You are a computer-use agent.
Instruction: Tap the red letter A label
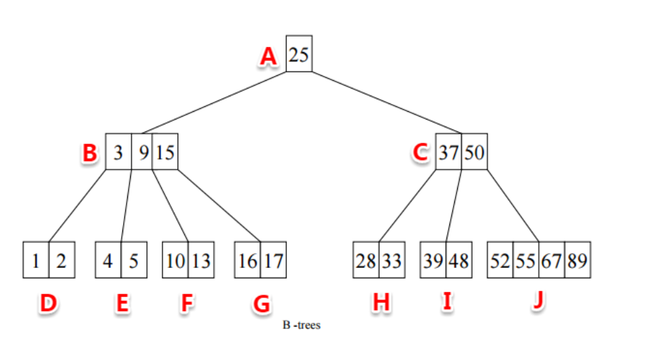click(267, 56)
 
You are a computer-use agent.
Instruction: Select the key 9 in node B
click(143, 152)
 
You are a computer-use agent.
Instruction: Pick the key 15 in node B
click(165, 152)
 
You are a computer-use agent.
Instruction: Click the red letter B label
click(89, 153)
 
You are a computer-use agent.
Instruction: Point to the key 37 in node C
click(448, 152)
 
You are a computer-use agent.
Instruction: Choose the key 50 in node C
click(474, 152)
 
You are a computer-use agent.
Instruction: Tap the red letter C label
click(421, 153)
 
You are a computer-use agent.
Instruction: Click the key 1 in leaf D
click(36, 262)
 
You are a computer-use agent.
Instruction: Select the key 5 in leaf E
click(134, 262)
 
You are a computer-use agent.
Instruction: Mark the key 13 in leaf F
click(200, 262)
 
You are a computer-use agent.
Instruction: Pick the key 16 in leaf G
click(247, 262)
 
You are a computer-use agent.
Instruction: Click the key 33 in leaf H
click(392, 262)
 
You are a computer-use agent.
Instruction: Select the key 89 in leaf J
click(577, 262)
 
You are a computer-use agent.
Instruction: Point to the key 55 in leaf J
click(525, 262)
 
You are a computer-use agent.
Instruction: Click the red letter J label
click(538, 300)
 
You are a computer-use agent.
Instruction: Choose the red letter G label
click(261, 304)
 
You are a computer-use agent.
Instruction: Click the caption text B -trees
click(300, 326)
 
